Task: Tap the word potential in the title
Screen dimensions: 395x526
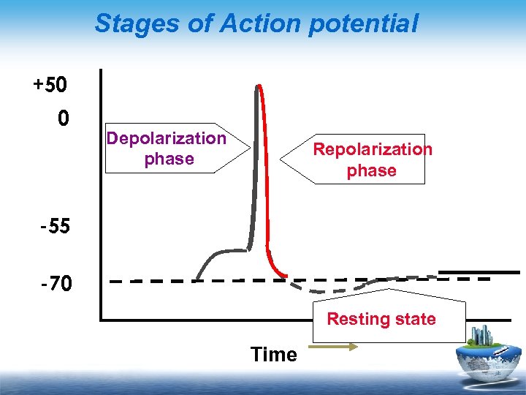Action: coord(363,23)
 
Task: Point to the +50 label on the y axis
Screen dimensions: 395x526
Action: coord(50,86)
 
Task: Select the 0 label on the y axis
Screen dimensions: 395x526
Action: coord(64,118)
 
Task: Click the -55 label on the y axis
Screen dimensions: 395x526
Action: coord(55,226)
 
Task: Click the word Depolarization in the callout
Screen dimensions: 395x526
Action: coord(167,138)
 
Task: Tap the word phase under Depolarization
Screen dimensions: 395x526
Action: coord(169,159)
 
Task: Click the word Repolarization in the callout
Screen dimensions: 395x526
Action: coord(373,149)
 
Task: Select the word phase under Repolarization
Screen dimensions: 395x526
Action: coord(371,170)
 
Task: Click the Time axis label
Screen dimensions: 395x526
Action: coord(273,355)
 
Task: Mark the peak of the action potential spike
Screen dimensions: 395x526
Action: coord(258,86)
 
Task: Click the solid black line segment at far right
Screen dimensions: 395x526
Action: coord(479,272)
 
